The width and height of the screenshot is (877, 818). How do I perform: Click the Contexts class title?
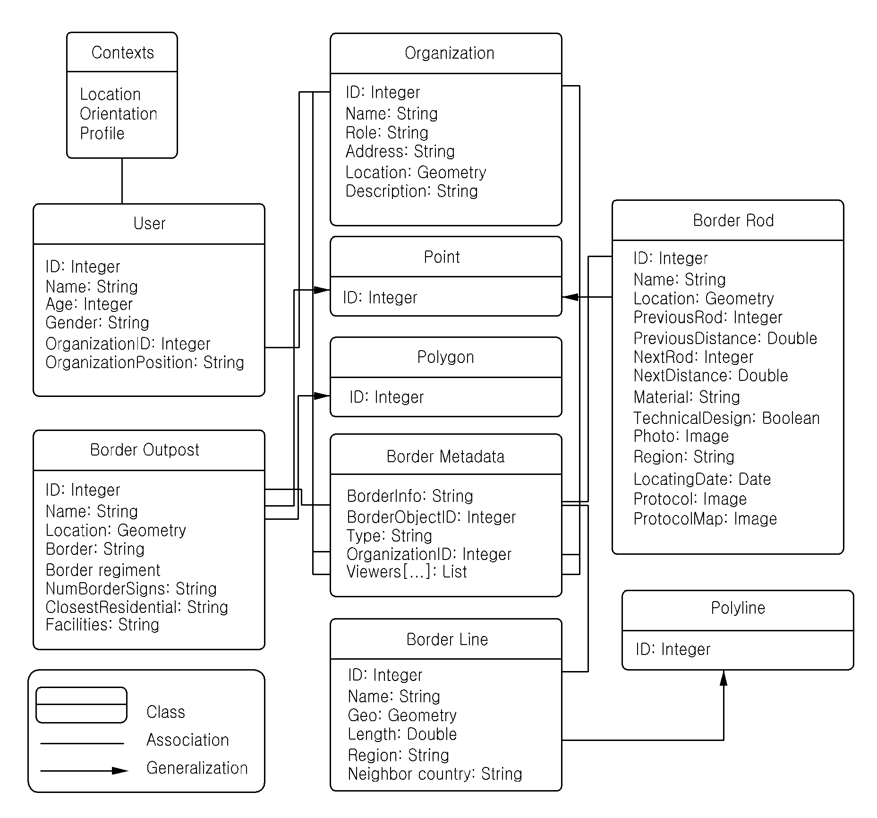click(123, 52)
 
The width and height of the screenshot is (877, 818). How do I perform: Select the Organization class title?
click(450, 53)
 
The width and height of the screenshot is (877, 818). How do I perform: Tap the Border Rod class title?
click(733, 221)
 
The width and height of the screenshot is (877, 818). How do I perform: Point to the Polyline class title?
click(738, 608)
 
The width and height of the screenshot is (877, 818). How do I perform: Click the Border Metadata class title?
click(445, 456)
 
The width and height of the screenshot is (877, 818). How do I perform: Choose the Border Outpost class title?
click(145, 450)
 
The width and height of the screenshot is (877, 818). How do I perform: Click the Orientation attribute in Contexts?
click(119, 114)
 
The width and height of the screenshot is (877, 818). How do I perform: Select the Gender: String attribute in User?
click(97, 323)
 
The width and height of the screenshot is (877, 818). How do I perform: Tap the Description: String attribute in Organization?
click(412, 191)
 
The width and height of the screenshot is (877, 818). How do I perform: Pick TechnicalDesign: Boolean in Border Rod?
click(726, 418)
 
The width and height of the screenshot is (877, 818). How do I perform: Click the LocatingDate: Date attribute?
click(702, 479)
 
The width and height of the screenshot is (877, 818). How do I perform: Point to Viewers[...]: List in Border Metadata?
click(407, 572)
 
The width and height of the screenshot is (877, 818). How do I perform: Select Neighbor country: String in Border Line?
click(435, 774)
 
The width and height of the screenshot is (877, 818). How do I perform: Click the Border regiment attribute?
click(103, 570)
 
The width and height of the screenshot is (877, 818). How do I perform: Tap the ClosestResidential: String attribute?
click(137, 607)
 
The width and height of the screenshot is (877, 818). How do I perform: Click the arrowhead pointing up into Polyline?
click(724, 678)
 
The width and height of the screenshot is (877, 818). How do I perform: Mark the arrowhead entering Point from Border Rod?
click(570, 297)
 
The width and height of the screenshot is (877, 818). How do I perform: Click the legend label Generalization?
click(197, 768)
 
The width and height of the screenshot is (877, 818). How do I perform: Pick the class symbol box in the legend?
click(81, 705)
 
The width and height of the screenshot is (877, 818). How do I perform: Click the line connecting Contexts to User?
click(122, 181)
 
